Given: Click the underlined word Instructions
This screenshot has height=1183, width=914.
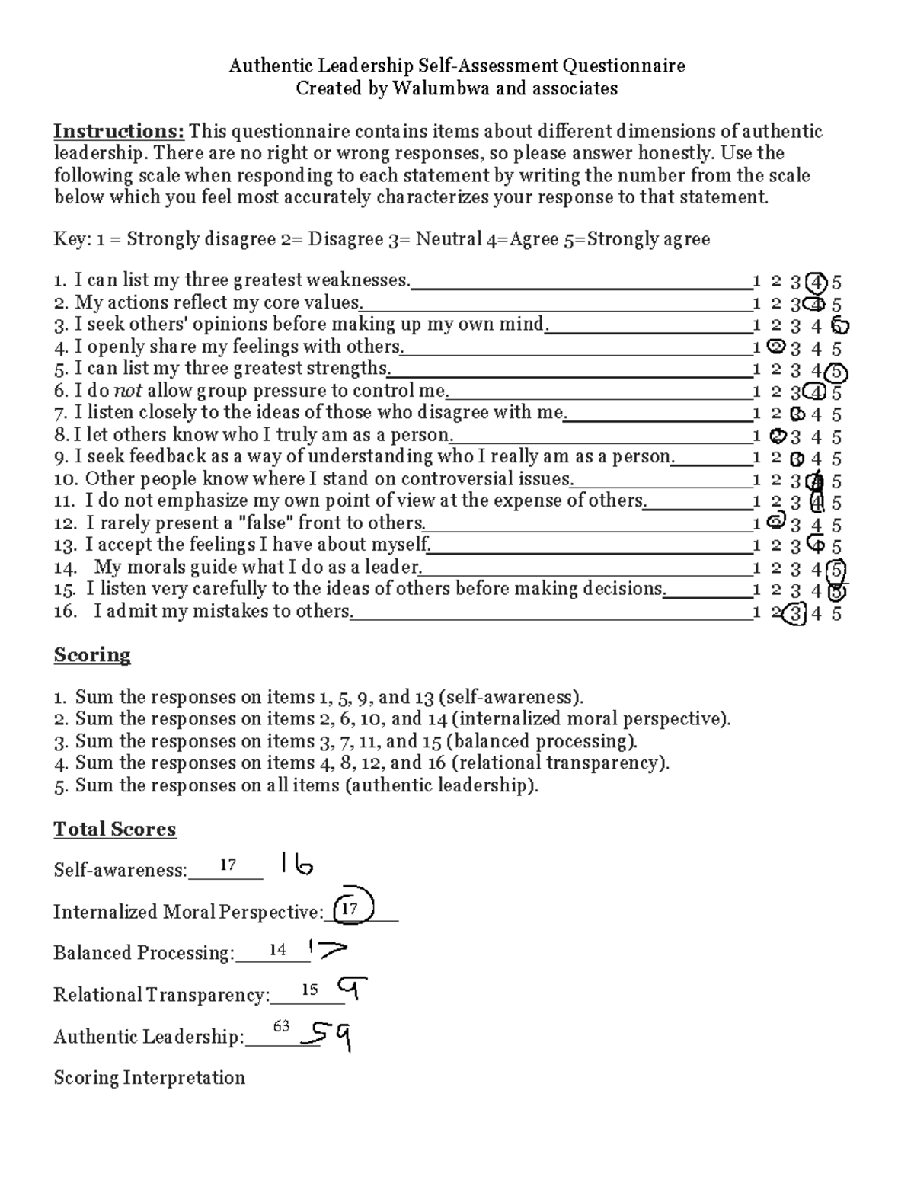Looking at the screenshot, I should pos(118,132).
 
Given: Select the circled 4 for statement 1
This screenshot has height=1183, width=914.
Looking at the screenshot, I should pos(817,283).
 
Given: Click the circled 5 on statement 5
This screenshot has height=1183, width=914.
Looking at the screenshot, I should pos(836,372).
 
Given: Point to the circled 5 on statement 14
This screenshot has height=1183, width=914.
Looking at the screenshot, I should pos(836,570).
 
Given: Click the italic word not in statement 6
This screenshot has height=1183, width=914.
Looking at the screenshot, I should pos(127,392).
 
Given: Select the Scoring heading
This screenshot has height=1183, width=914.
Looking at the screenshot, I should pos(92,656).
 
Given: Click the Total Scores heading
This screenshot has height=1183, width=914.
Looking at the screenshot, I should pos(114,830).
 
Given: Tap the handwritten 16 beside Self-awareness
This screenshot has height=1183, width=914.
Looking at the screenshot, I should pos(296,865).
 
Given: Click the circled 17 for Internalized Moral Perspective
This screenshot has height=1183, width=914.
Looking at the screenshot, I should pos(351,907).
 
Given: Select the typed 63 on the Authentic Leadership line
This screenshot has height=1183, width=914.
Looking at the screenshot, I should pos(281,1026).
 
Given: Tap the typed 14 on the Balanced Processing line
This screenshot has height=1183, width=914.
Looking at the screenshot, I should pos(277,950).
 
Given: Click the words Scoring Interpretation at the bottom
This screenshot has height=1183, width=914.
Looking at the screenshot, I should pos(149,1078).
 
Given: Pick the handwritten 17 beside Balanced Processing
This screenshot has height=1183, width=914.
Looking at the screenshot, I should pos(327,948).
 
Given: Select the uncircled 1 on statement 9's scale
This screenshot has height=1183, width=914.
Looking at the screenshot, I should pos(756,459).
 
